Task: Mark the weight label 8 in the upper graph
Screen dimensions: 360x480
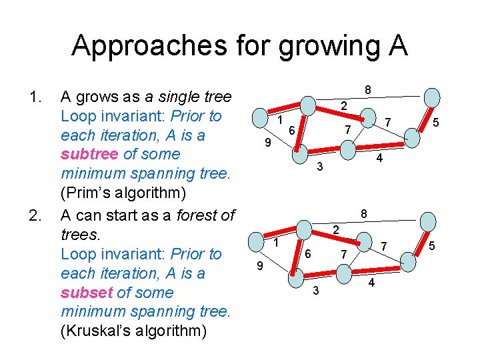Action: [x=368, y=90]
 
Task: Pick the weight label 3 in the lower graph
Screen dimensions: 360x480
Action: [x=316, y=290]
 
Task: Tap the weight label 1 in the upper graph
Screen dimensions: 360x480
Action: [x=281, y=120]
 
